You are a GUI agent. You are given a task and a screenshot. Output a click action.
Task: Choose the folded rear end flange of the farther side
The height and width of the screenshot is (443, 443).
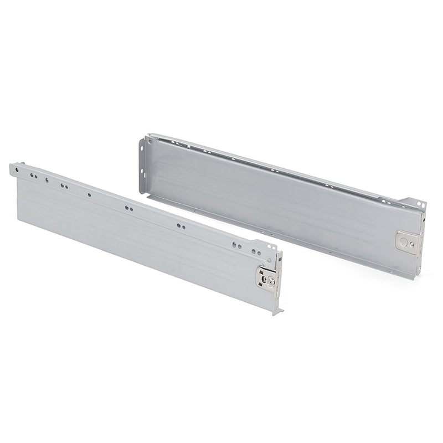pyautogui.click(x=143, y=166)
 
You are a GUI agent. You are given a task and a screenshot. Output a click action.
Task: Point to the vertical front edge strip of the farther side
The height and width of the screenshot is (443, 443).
pyautogui.click(x=420, y=244)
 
